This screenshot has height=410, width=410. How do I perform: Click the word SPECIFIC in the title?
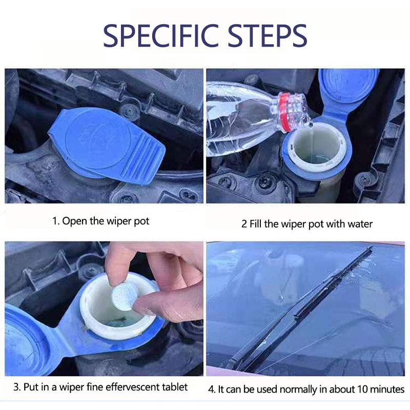tap(161, 35)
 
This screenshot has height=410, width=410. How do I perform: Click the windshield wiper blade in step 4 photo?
tap(301, 309)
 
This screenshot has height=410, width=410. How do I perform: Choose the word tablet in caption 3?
tap(175, 387)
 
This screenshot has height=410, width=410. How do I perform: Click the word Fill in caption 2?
tap(255, 224)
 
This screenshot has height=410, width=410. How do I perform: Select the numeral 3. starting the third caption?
tap(17, 387)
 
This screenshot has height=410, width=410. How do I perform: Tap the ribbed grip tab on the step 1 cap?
tap(142, 161)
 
